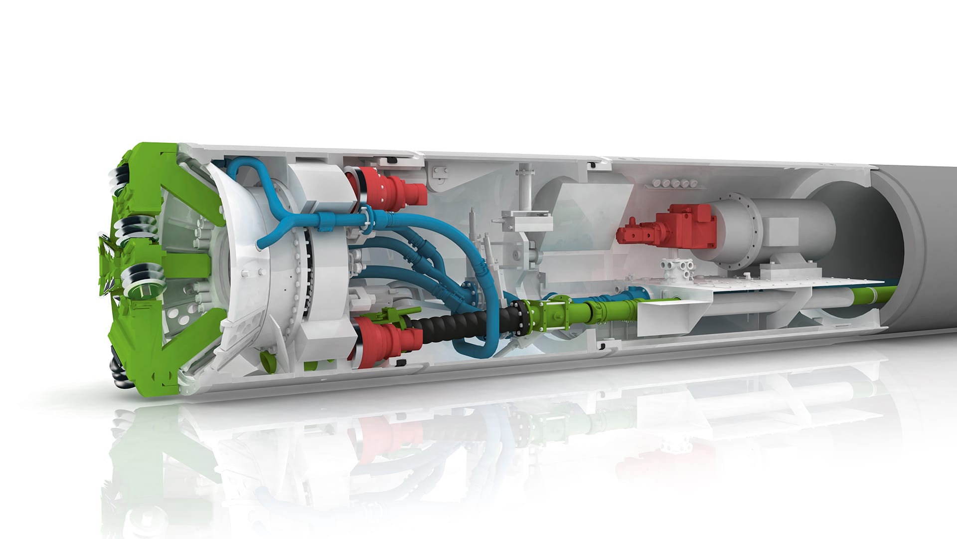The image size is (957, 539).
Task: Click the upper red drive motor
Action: (x=394, y=190)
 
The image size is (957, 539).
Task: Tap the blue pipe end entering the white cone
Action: (x=259, y=244)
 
